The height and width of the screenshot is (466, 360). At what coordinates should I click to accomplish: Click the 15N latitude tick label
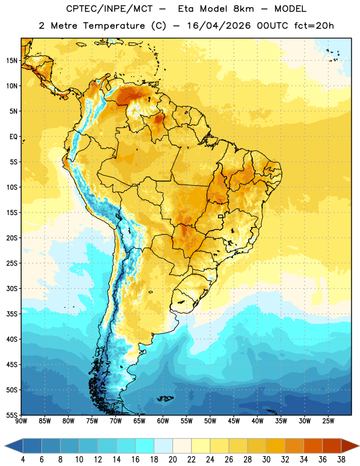(12, 61)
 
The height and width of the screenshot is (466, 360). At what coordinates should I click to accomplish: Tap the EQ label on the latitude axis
(13, 137)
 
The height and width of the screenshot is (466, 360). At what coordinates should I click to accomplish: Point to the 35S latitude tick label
(12, 314)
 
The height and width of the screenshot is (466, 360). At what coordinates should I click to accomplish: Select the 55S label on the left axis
(12, 415)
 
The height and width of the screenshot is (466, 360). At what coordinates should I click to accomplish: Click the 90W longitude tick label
(21, 421)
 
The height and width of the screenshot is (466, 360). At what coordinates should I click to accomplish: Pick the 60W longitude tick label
(163, 421)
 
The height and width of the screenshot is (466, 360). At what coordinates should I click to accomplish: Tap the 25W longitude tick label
(329, 421)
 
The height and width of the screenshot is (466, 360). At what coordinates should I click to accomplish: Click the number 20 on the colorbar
(172, 460)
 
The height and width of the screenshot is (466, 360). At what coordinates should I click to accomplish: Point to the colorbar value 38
(341, 460)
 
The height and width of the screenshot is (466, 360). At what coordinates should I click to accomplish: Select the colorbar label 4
(23, 460)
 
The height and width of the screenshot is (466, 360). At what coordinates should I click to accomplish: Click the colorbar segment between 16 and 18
(144, 446)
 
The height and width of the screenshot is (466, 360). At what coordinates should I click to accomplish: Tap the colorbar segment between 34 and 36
(313, 446)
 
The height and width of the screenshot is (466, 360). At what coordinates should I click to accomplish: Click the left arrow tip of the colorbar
(5, 446)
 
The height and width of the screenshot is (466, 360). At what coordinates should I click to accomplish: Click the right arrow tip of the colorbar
(359, 446)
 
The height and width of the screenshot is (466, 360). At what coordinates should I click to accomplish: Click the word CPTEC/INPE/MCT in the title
(110, 9)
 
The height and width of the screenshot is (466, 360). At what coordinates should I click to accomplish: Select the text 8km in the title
(243, 9)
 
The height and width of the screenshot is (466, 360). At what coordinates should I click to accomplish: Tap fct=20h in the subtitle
(314, 26)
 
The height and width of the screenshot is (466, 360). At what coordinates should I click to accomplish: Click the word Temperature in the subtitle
(114, 26)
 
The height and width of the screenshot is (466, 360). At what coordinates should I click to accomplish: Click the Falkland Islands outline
(165, 398)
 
